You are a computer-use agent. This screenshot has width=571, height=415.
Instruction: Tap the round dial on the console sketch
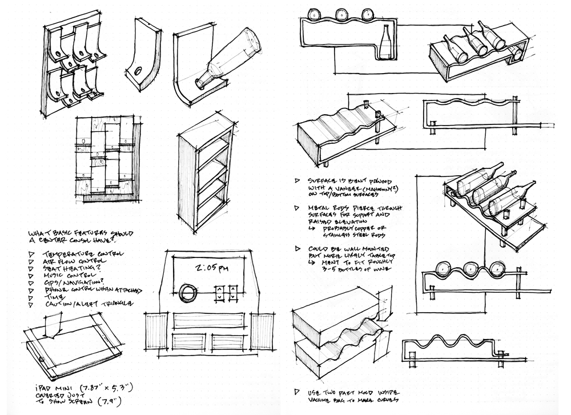coord(187,294)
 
